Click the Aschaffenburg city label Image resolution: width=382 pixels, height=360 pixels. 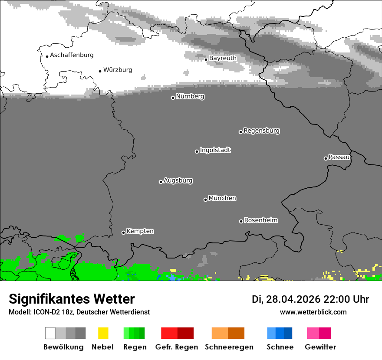[x=72, y=55]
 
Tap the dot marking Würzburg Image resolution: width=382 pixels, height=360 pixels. [x=100, y=71]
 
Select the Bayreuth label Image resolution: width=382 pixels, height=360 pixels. [x=223, y=58]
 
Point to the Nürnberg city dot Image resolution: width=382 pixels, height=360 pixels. [x=173, y=98]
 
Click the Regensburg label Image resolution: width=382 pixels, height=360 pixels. [x=261, y=131]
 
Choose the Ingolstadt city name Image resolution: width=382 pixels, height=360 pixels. [x=215, y=150]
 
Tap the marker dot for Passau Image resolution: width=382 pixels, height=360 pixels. [x=326, y=158]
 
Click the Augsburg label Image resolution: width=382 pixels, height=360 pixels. [x=178, y=180]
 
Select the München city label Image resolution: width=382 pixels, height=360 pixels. [x=222, y=198]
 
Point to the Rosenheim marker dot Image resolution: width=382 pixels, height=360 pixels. [x=241, y=222]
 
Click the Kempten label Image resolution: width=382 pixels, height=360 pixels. [x=140, y=231]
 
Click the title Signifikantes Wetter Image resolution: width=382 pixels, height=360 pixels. [x=72, y=299]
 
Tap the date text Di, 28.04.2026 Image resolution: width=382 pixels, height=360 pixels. [x=286, y=299]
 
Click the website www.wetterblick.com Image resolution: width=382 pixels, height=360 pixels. [x=313, y=312]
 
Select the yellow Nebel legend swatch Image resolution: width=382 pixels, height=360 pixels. [x=103, y=333]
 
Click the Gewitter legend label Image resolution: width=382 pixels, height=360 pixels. [x=320, y=347]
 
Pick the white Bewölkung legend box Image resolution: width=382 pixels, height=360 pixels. [x=50, y=333]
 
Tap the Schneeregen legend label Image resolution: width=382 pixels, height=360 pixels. [x=229, y=347]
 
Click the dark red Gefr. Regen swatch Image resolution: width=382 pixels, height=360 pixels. [x=186, y=333]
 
